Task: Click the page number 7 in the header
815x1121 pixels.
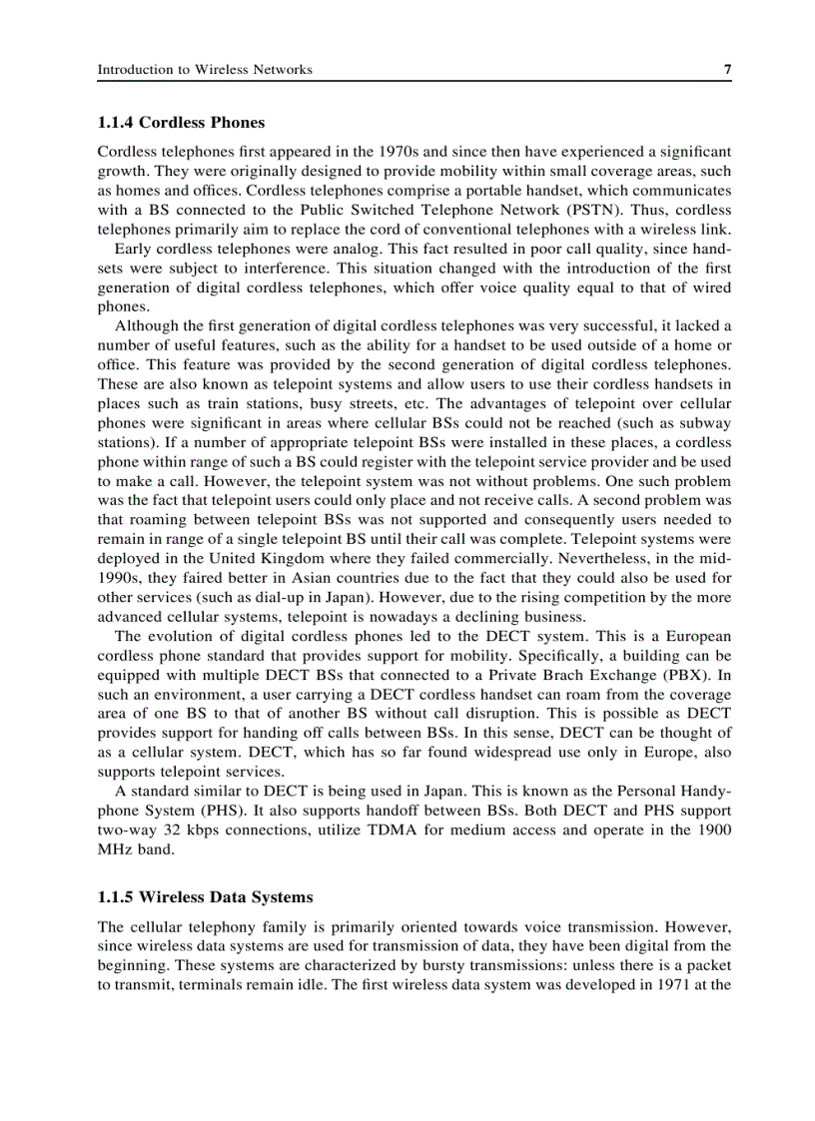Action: coord(727,69)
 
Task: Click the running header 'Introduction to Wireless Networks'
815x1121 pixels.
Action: coord(205,69)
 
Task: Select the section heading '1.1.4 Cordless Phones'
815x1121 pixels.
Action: coord(181,123)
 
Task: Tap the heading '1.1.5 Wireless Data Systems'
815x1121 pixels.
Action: coord(205,897)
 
